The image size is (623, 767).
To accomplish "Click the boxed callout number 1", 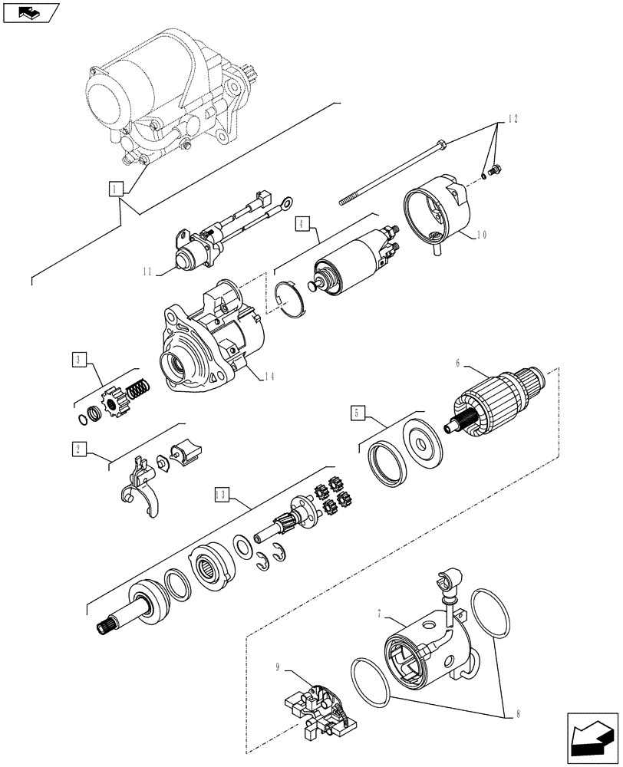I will tap(115, 188).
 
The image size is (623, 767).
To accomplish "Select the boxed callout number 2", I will tap(79, 449).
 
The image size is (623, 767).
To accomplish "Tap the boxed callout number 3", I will tap(80, 359).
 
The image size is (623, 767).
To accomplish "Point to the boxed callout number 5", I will tap(358, 412).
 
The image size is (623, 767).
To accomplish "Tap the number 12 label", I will tap(512, 120).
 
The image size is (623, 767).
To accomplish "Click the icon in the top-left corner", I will tap(31, 12).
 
